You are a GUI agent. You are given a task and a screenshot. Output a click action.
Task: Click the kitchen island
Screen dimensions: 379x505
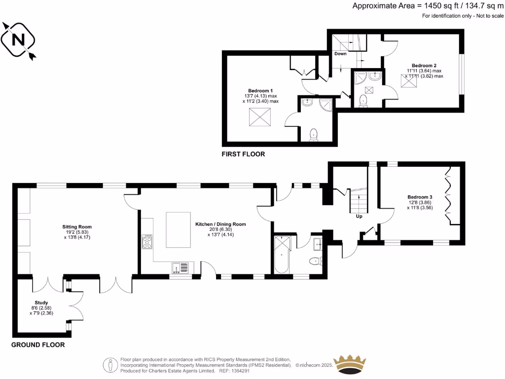point(178,229)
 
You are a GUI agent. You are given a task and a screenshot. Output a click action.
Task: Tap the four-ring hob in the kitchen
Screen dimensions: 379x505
point(147,242)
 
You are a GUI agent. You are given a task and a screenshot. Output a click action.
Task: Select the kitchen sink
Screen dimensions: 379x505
point(180,268)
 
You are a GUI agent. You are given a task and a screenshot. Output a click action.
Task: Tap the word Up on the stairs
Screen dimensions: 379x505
point(359,216)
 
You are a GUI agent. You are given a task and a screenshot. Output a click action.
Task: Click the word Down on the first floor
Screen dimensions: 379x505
point(340,53)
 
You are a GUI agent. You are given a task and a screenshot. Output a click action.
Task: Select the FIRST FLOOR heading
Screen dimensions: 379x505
point(243,154)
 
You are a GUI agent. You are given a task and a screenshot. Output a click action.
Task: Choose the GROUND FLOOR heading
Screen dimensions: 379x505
point(38,345)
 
